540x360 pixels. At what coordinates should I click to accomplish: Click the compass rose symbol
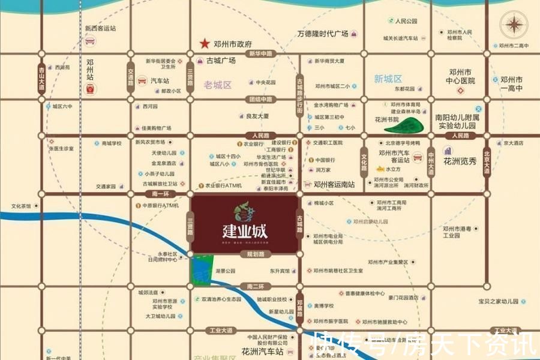[x=515, y=25]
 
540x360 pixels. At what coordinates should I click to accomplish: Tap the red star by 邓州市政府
[x=205, y=43]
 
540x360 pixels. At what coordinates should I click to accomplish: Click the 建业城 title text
[x=244, y=230]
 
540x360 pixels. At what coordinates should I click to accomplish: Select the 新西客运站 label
[x=100, y=28]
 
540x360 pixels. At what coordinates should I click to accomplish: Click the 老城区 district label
[x=217, y=85]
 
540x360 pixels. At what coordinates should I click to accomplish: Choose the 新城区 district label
[x=388, y=79]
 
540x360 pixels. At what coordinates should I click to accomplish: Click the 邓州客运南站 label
[x=334, y=184]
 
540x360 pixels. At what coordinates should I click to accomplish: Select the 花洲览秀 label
[x=460, y=161]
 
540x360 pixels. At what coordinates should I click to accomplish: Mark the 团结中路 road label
[x=260, y=99]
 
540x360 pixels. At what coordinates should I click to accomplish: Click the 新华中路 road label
[x=260, y=54]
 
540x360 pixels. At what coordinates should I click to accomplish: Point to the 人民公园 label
[x=406, y=21]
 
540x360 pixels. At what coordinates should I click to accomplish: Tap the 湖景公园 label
[x=226, y=271]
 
